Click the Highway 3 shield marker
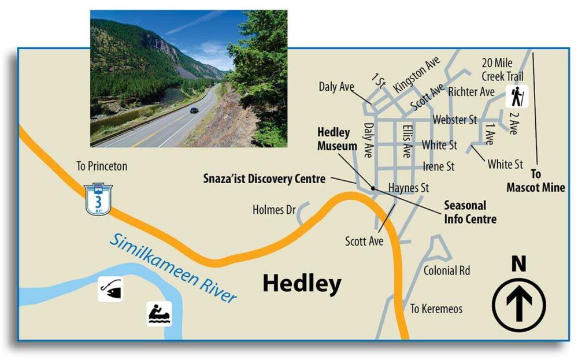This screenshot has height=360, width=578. pyautogui.click(x=98, y=199)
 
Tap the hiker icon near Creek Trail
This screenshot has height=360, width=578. pyautogui.click(x=517, y=96)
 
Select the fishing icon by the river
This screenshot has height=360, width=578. pyautogui.click(x=110, y=288)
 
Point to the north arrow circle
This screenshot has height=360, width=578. pyautogui.click(x=518, y=305)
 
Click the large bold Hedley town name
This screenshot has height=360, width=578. pyautogui.click(x=302, y=284)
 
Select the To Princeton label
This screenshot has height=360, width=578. pyautogui.click(x=102, y=166)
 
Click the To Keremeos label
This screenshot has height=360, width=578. pyautogui.click(x=436, y=309)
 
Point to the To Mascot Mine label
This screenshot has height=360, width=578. pyautogui.click(x=536, y=180)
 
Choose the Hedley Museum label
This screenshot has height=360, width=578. pyautogui.click(x=334, y=139)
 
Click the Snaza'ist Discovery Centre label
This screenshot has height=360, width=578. pyautogui.click(x=264, y=179)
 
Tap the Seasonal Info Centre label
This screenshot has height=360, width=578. pyautogui.click(x=470, y=212)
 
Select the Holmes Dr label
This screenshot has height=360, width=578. pyautogui.click(x=274, y=210)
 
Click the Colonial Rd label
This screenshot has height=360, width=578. pyautogui.click(x=447, y=270)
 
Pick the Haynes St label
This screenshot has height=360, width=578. pyautogui.click(x=409, y=188)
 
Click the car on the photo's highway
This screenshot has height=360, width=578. pyautogui.click(x=194, y=110)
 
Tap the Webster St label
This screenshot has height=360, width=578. pyautogui.click(x=455, y=120)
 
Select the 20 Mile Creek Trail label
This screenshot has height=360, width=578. pyautogui.click(x=502, y=69)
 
